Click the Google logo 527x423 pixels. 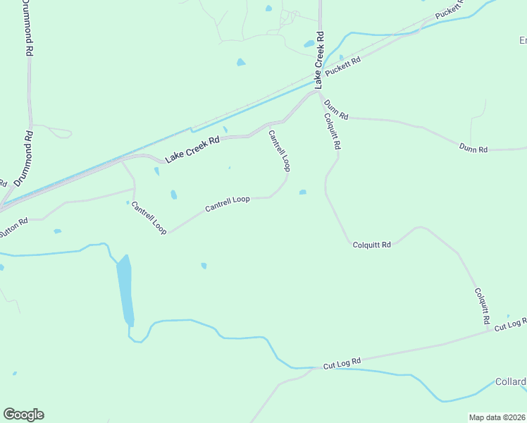tap(23, 415)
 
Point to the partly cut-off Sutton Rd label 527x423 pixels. tap(13, 223)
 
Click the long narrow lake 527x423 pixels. tap(125, 289)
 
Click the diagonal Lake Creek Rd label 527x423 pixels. tap(192, 150)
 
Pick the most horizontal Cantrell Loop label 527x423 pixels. tap(228, 204)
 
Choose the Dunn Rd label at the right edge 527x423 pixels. tap(473, 149)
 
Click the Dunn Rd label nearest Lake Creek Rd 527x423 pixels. tap(336, 109)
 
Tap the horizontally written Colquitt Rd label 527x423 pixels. tap(371, 245)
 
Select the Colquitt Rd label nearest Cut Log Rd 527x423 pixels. tap(482, 306)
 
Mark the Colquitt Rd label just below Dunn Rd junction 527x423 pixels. tap(332, 132)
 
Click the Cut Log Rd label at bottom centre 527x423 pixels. tap(342, 363)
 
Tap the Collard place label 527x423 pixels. tap(511, 382)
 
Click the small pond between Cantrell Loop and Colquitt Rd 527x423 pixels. tap(302, 192)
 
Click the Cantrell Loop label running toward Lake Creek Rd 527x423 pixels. tap(279, 151)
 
